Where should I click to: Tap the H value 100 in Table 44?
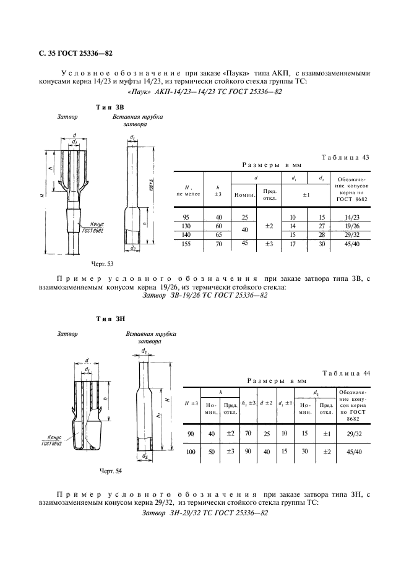191,452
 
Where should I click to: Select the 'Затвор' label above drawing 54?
67,334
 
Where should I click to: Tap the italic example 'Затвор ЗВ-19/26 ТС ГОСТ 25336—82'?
205,296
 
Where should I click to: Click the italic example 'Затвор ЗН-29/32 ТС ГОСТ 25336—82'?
205,513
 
